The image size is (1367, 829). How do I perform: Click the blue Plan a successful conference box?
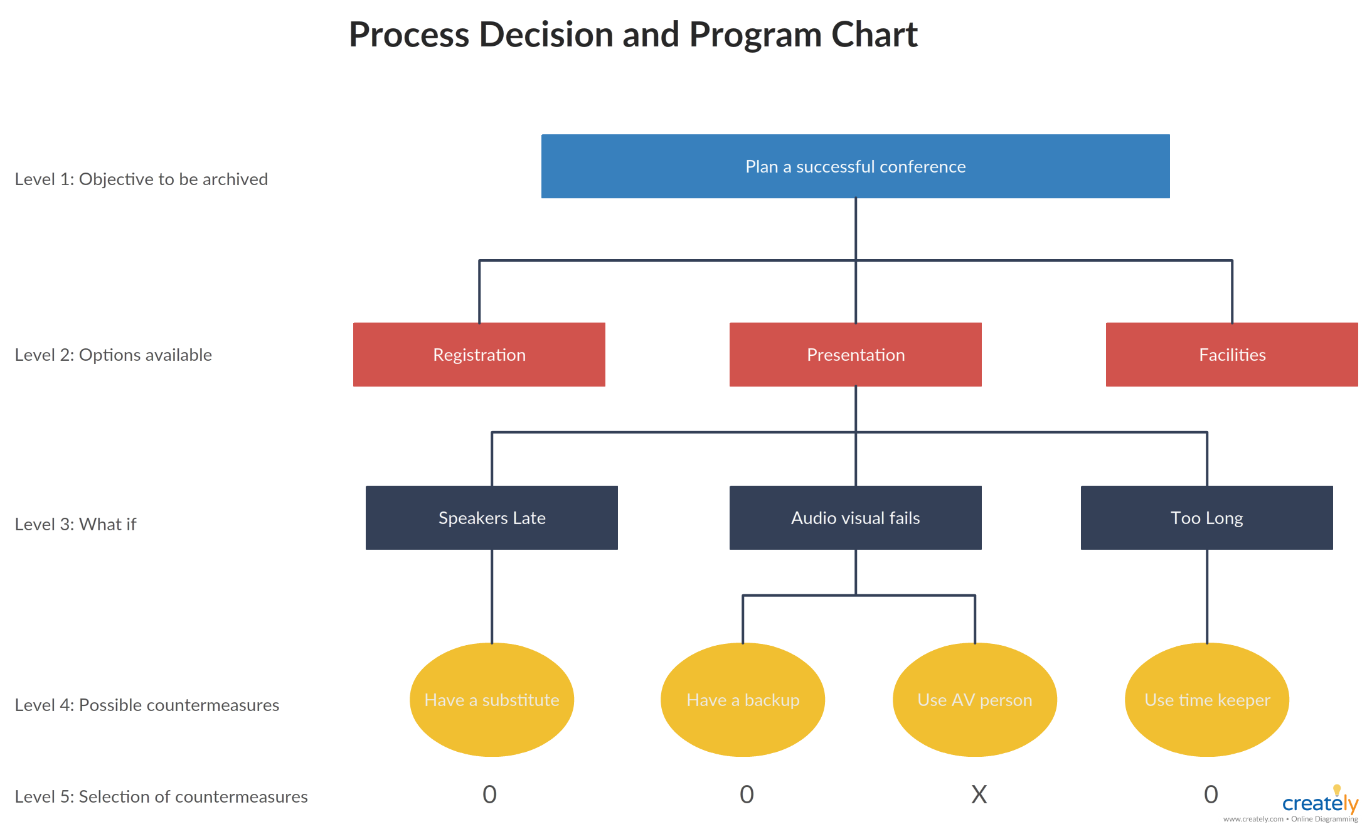855,166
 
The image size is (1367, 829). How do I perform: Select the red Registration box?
479,355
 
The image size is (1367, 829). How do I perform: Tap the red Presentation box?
855,355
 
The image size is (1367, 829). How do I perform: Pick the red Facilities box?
1231,355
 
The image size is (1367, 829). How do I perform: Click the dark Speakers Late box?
491,518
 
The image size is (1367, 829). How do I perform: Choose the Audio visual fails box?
855,518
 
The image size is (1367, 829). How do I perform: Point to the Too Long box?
1206,518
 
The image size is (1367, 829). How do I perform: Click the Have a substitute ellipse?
491,700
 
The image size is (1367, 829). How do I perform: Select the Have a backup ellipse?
742,700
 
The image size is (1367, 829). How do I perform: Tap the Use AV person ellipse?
974,700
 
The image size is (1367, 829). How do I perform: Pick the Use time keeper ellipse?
1206,700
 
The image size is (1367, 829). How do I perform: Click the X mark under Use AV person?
979,794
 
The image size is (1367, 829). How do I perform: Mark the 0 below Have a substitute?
489,794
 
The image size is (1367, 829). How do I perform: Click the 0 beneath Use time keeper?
1211,794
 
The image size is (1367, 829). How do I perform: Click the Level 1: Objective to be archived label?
141,179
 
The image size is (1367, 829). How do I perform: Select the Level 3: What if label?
75,525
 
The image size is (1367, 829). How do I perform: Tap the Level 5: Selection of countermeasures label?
161,797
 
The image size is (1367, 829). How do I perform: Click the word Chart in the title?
874,35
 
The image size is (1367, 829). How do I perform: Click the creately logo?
1319,803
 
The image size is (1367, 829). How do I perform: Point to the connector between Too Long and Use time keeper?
1207,596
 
